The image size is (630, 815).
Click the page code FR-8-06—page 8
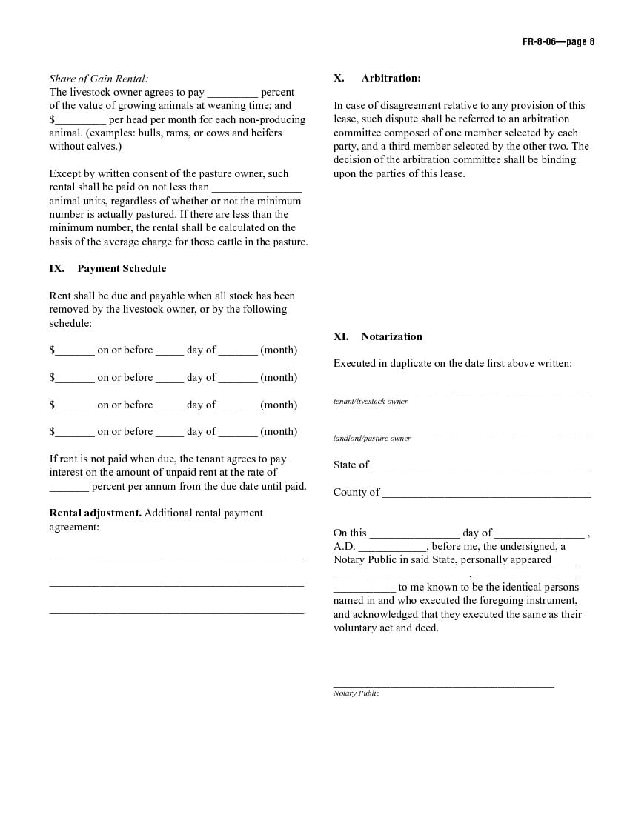(557, 41)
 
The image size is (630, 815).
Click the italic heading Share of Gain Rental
(99, 79)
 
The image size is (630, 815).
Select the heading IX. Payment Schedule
(107, 268)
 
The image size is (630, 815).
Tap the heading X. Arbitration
(377, 78)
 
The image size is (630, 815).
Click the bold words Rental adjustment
(95, 513)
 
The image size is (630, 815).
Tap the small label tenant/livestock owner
(371, 401)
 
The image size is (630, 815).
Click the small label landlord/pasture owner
(372, 438)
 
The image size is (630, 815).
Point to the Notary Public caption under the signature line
(357, 693)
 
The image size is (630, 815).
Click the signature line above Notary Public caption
(443, 686)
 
